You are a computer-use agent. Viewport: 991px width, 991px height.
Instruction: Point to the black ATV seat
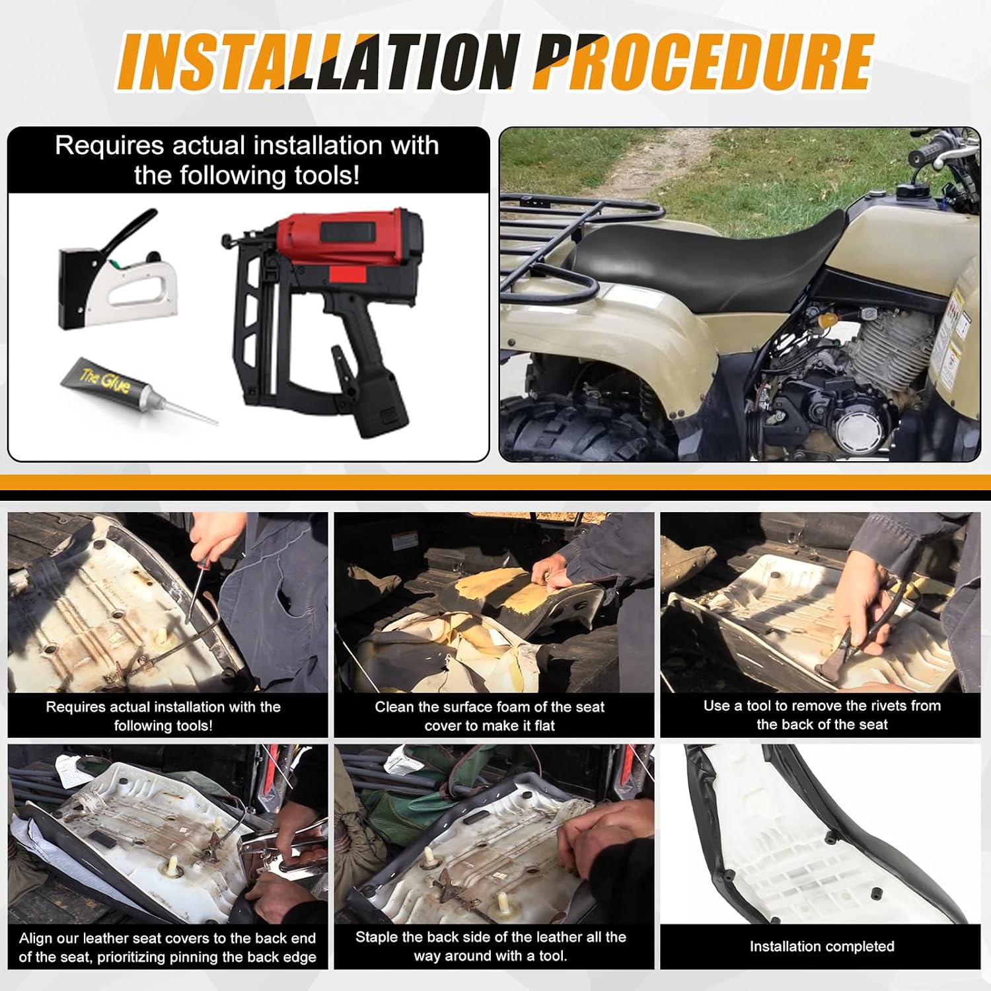click(x=700, y=261)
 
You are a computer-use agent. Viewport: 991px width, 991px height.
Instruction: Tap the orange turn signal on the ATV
click(x=826, y=321)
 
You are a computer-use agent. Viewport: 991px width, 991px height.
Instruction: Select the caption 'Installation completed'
click(x=822, y=946)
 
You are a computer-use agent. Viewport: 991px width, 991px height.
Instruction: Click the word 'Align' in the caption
click(x=36, y=939)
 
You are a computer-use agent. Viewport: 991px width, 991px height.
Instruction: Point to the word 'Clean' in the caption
click(x=394, y=707)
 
